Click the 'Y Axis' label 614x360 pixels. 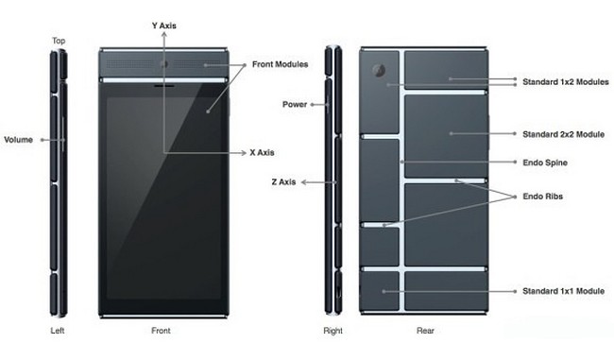(x=164, y=26)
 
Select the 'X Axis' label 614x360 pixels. (x=262, y=153)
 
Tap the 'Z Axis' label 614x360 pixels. (x=283, y=182)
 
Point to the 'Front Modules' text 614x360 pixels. (x=280, y=64)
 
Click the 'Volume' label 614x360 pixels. (x=18, y=140)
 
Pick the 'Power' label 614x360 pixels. (x=295, y=105)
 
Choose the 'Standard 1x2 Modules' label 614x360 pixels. (x=566, y=82)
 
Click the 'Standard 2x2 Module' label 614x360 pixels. (x=564, y=134)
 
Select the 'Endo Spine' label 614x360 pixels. (x=545, y=163)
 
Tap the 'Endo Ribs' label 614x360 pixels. (x=543, y=197)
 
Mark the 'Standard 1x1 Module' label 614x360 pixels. (x=564, y=291)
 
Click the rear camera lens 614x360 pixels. (x=379, y=70)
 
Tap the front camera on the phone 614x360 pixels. (x=164, y=64)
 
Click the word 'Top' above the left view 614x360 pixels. (x=59, y=41)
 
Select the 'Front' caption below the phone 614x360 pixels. (x=161, y=331)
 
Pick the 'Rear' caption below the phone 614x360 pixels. (x=425, y=331)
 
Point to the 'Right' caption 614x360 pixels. (x=333, y=331)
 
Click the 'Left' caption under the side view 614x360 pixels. (x=58, y=331)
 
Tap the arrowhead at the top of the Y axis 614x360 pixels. (x=164, y=34)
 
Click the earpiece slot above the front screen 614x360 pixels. (x=164, y=85)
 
